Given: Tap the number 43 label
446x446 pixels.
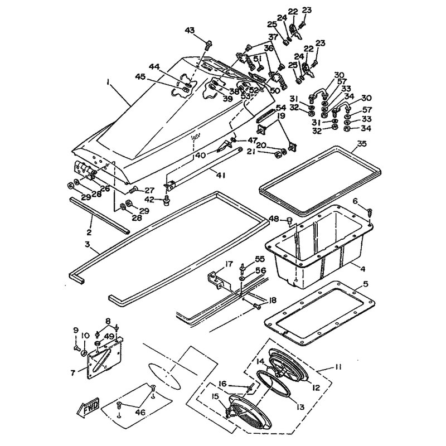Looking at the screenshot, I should (190, 30).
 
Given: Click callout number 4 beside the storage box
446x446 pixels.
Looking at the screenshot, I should (362, 268).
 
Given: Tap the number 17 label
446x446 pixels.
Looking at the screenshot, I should (213, 264).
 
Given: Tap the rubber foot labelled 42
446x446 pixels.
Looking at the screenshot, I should (166, 202).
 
